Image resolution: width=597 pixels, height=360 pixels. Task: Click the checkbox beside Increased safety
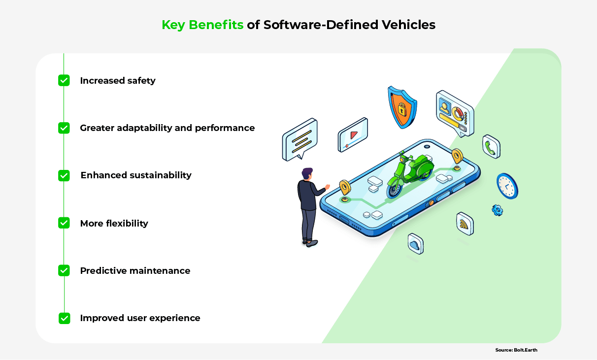coord(64,80)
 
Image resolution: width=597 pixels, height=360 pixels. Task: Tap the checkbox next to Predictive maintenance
coord(64,270)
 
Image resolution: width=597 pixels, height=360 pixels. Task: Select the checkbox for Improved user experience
coord(64,318)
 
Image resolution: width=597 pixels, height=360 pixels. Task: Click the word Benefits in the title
coord(216,25)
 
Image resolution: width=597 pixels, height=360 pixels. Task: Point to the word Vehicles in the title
coord(408,25)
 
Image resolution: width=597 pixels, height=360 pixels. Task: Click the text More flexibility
coord(114,223)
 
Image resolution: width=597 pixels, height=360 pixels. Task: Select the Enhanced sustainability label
coord(136,175)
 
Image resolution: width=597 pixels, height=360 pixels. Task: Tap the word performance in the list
coord(225,128)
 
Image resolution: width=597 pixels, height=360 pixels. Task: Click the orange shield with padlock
coord(402,107)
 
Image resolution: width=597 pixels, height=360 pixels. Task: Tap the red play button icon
coord(354,135)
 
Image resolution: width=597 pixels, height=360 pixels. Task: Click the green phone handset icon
coord(491,147)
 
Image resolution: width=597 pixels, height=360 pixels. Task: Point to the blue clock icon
coord(507,186)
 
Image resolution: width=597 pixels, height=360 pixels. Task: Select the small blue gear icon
coord(497,210)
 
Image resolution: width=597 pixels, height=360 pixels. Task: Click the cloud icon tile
coord(416,244)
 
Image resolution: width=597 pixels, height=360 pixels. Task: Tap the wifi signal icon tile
coord(465,224)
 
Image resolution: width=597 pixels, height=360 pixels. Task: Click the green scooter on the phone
coord(409,174)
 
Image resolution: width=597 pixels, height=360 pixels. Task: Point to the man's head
coord(307,174)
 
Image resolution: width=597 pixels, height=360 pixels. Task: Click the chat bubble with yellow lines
coord(300,139)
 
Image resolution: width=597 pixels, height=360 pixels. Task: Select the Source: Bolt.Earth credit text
coord(516,350)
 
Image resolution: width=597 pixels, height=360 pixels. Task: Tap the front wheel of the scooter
coord(395,189)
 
